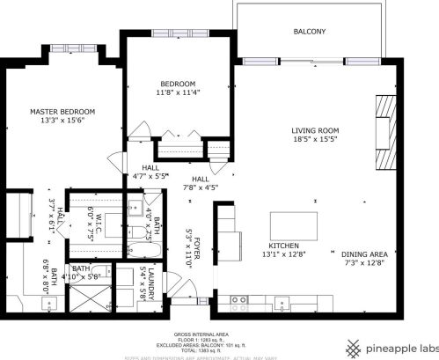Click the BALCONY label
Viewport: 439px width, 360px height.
pos(309,32)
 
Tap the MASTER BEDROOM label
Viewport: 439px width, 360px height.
pos(62,112)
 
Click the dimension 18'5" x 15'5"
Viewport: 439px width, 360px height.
pos(315,139)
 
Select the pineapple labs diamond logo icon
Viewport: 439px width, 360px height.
pos(356,347)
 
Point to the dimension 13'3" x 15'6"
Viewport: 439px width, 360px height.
pos(62,121)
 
